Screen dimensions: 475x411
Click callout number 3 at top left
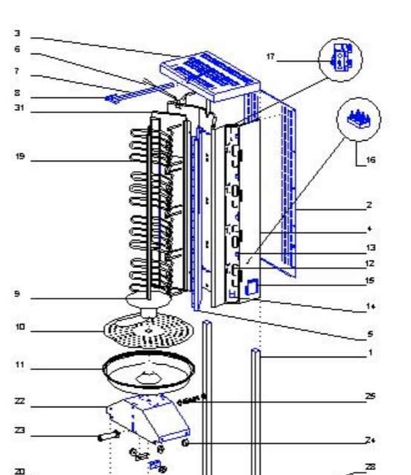[16, 34]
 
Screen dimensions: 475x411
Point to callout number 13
[370, 248]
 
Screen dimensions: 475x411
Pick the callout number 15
[370, 281]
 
